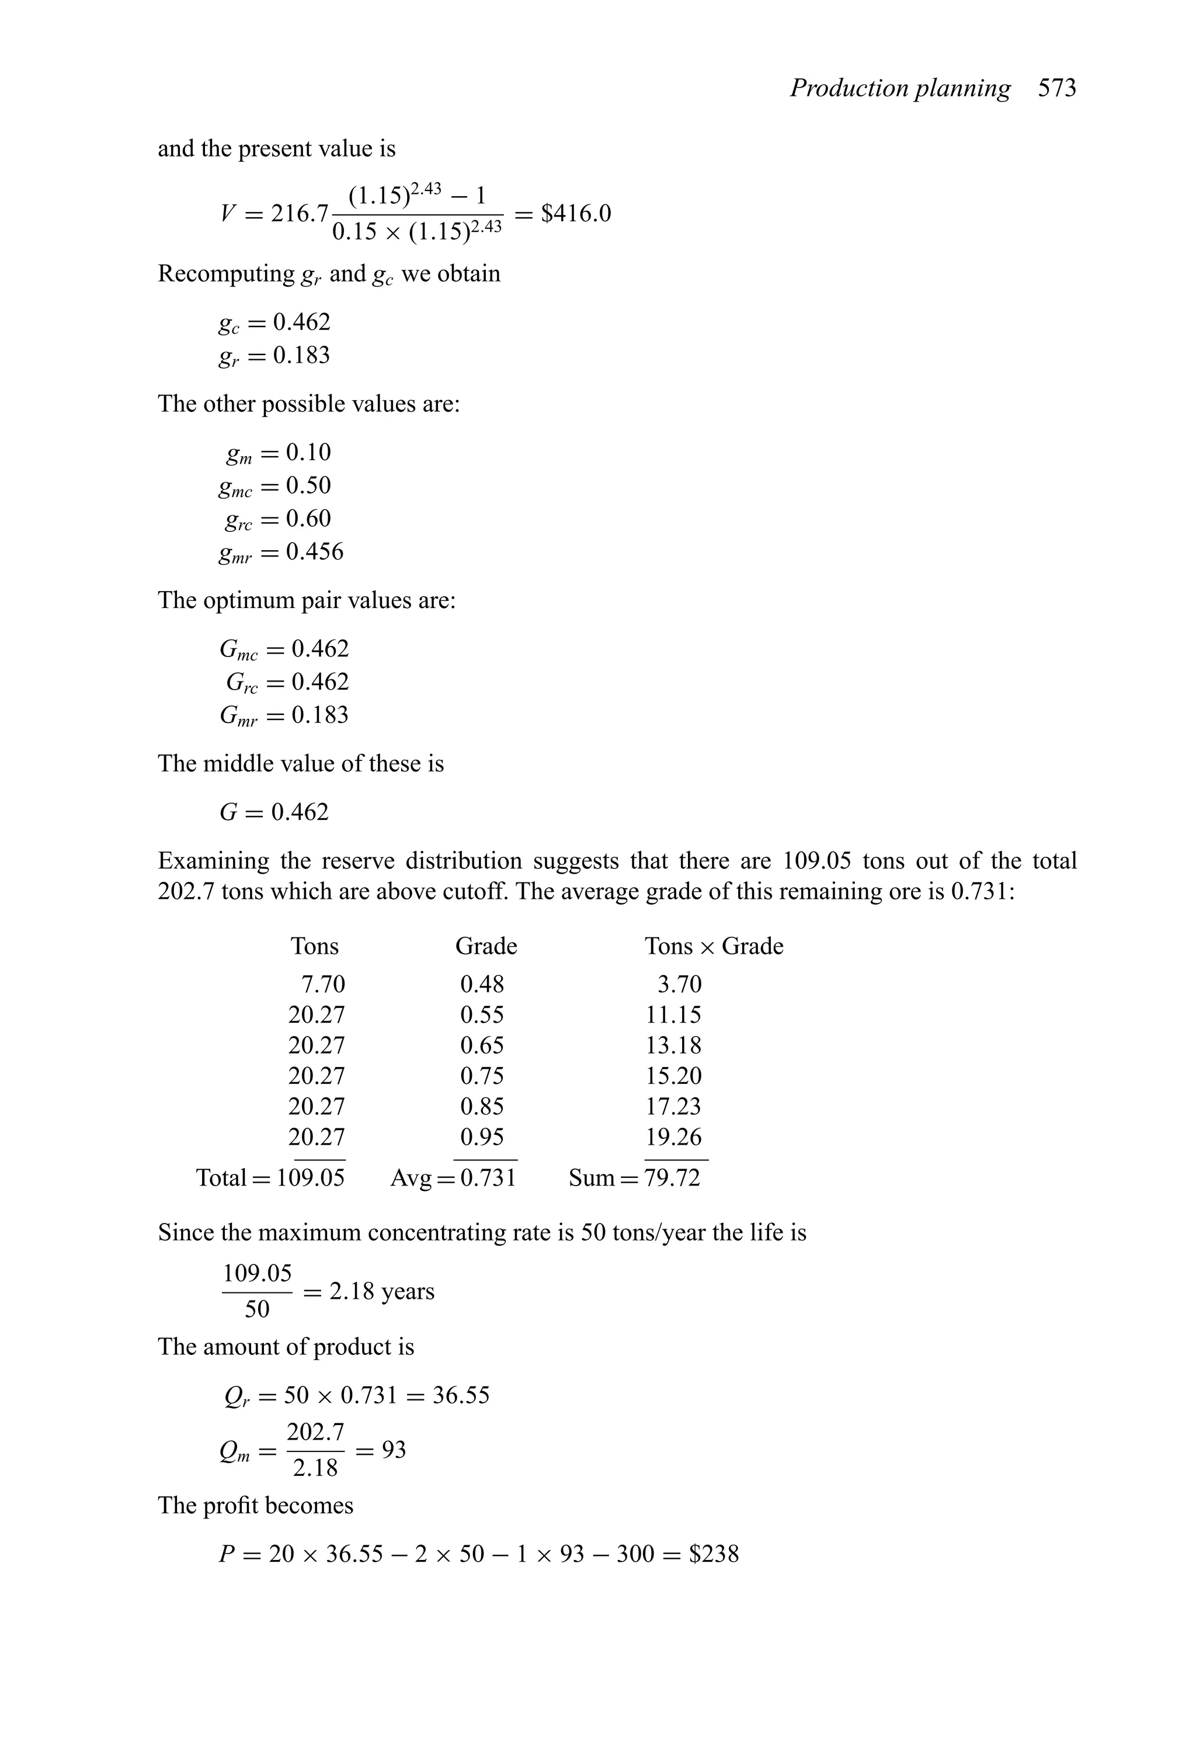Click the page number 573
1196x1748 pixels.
coord(1057,89)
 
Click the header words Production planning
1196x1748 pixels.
coord(900,89)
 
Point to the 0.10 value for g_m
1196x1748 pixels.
coord(308,452)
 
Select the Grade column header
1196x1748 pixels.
coord(486,946)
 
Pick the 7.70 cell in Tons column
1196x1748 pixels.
coord(323,984)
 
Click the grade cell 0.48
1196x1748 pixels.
coord(482,984)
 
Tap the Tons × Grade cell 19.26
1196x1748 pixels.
coord(673,1137)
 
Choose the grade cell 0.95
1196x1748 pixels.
coord(482,1137)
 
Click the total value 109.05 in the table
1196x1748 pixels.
coord(311,1178)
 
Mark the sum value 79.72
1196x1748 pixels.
coord(673,1178)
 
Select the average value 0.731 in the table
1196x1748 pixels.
coord(488,1178)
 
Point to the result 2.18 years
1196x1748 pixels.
coord(381,1291)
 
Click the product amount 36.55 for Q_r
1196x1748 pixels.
coord(461,1395)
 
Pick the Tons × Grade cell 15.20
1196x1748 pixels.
coord(673,1076)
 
